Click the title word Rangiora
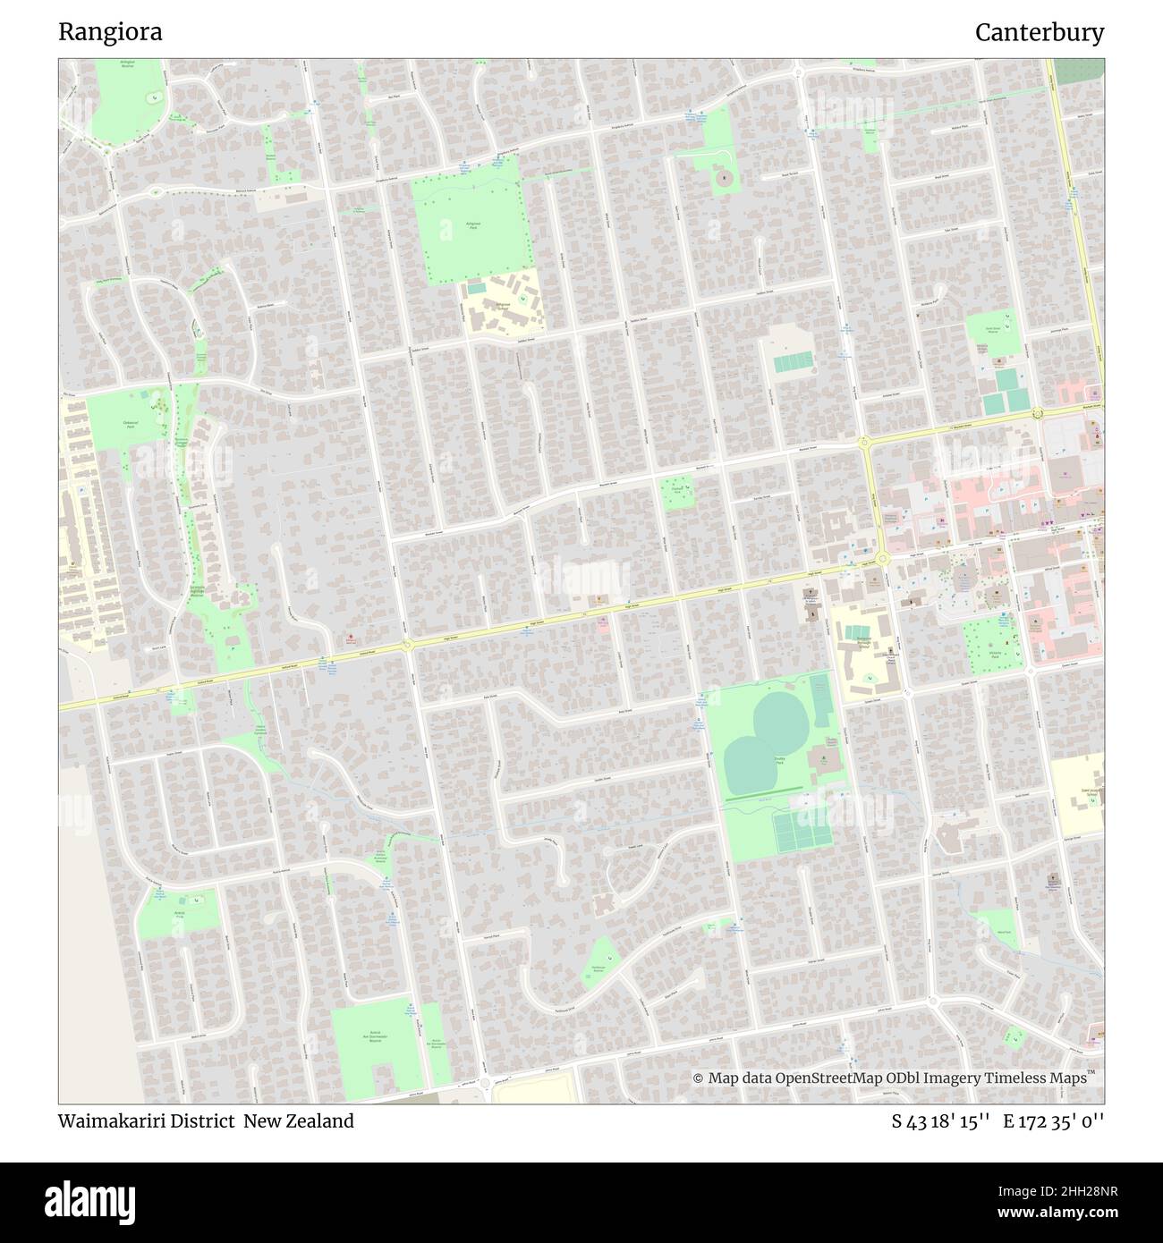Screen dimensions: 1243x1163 coord(110,32)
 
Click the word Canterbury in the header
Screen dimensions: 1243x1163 coord(1040,32)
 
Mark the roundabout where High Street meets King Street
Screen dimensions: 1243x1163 coord(883,559)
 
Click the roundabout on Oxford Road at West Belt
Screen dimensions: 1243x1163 coord(407,645)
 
